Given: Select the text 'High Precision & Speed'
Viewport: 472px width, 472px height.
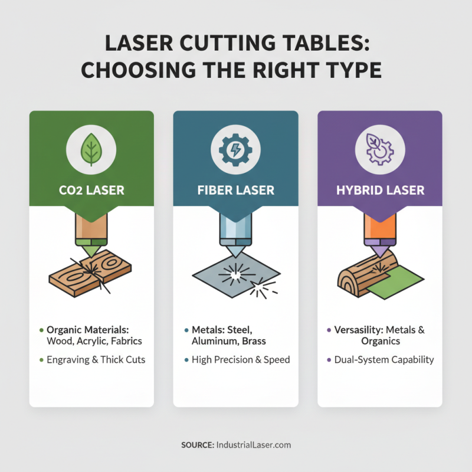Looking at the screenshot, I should pos(241,359).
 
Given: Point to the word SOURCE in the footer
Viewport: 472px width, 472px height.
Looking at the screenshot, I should pos(197,445).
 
